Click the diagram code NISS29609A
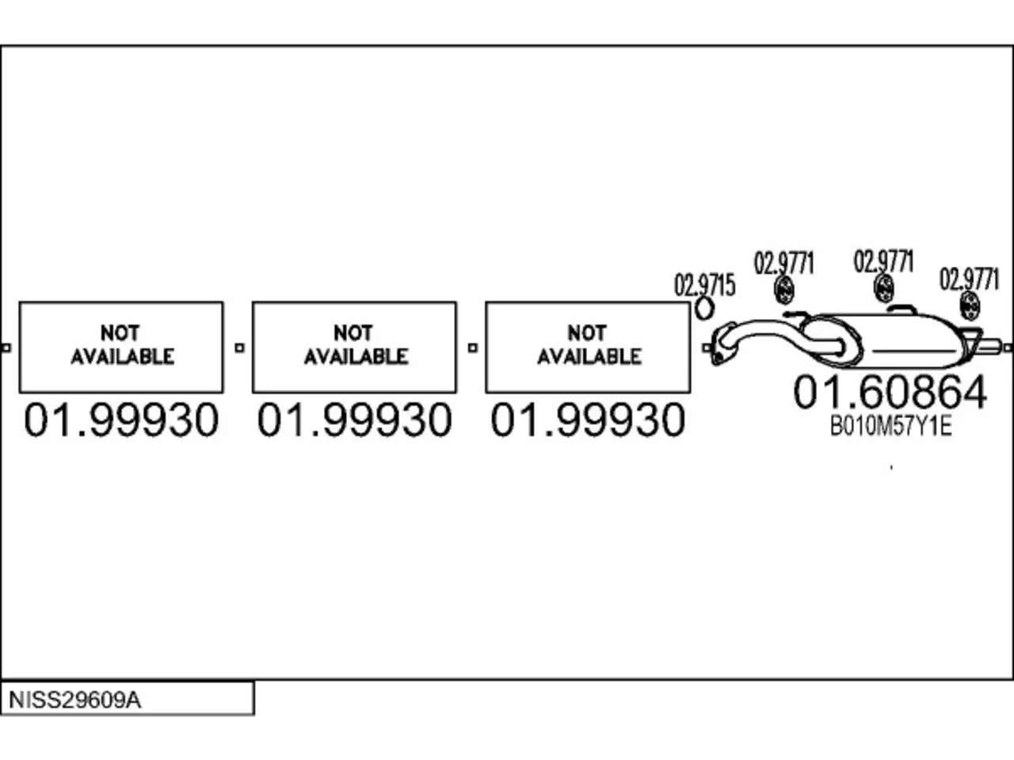74,700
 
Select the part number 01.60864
890,392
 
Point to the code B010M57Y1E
890,427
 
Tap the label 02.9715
704,285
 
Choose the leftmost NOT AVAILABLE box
121,348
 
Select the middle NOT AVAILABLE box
354,348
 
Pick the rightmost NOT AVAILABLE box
588,348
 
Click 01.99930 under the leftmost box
121,420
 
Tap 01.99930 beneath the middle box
354,420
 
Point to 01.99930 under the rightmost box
588,420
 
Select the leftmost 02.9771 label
784,263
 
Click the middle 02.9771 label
883,261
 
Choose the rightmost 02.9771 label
969,279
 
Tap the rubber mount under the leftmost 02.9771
784,291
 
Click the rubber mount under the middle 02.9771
884,288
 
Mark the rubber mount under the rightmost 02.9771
970,306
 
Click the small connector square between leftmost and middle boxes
239,348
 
